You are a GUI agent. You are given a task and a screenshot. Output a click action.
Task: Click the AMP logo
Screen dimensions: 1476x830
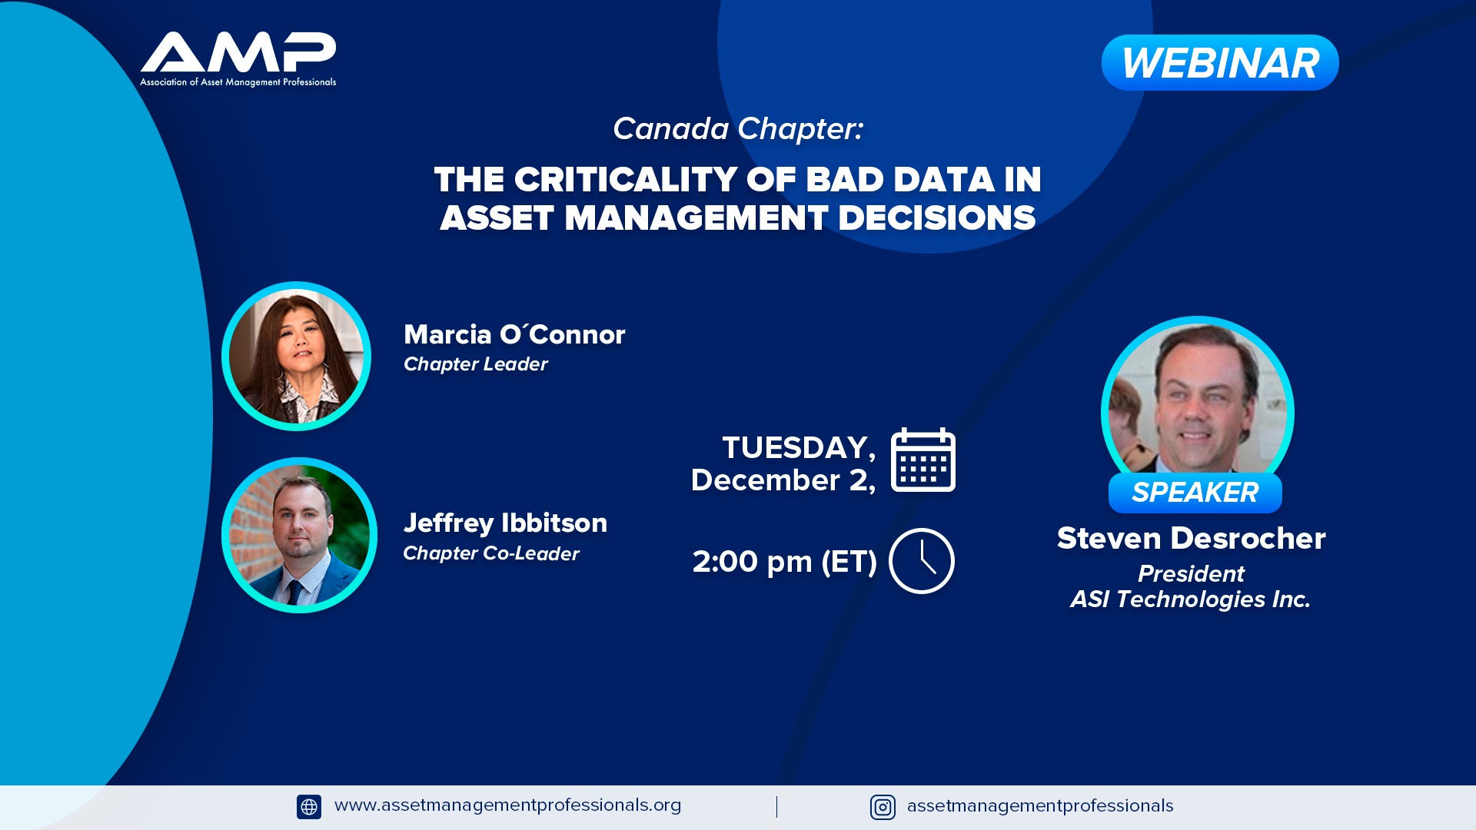(238, 60)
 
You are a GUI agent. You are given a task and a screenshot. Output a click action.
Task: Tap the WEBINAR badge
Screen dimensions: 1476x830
(1220, 63)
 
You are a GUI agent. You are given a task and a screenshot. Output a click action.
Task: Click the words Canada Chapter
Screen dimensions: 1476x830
(738, 129)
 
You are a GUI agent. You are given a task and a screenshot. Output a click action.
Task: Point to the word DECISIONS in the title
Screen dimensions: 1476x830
(936, 218)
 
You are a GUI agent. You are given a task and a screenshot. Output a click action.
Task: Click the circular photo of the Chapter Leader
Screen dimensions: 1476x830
(296, 356)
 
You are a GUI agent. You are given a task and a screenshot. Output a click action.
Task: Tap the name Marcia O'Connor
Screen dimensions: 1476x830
(514, 334)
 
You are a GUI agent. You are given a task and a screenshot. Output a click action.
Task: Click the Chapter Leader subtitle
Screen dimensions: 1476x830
(475, 364)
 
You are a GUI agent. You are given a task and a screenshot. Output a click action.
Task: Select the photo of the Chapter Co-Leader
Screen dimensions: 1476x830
(299, 535)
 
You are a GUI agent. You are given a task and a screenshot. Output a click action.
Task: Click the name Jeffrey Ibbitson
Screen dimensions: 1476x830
(505, 523)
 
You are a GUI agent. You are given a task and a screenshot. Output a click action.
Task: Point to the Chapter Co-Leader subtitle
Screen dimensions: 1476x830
(490, 553)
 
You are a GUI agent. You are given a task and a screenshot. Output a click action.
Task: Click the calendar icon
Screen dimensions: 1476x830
(922, 460)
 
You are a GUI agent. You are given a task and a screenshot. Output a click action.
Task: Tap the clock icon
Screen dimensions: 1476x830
(922, 561)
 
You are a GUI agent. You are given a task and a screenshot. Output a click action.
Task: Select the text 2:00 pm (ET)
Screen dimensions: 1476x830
(784, 562)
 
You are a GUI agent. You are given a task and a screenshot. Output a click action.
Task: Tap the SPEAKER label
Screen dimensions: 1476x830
(1195, 493)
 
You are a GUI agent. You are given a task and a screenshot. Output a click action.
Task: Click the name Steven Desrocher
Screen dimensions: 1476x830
(1191, 538)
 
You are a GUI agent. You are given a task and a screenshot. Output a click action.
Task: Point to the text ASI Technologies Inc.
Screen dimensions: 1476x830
(1190, 599)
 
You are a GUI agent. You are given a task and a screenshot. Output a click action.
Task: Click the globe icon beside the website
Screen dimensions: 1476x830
(309, 807)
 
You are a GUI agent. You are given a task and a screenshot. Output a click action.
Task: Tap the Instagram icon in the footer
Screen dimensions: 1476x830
(883, 807)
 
